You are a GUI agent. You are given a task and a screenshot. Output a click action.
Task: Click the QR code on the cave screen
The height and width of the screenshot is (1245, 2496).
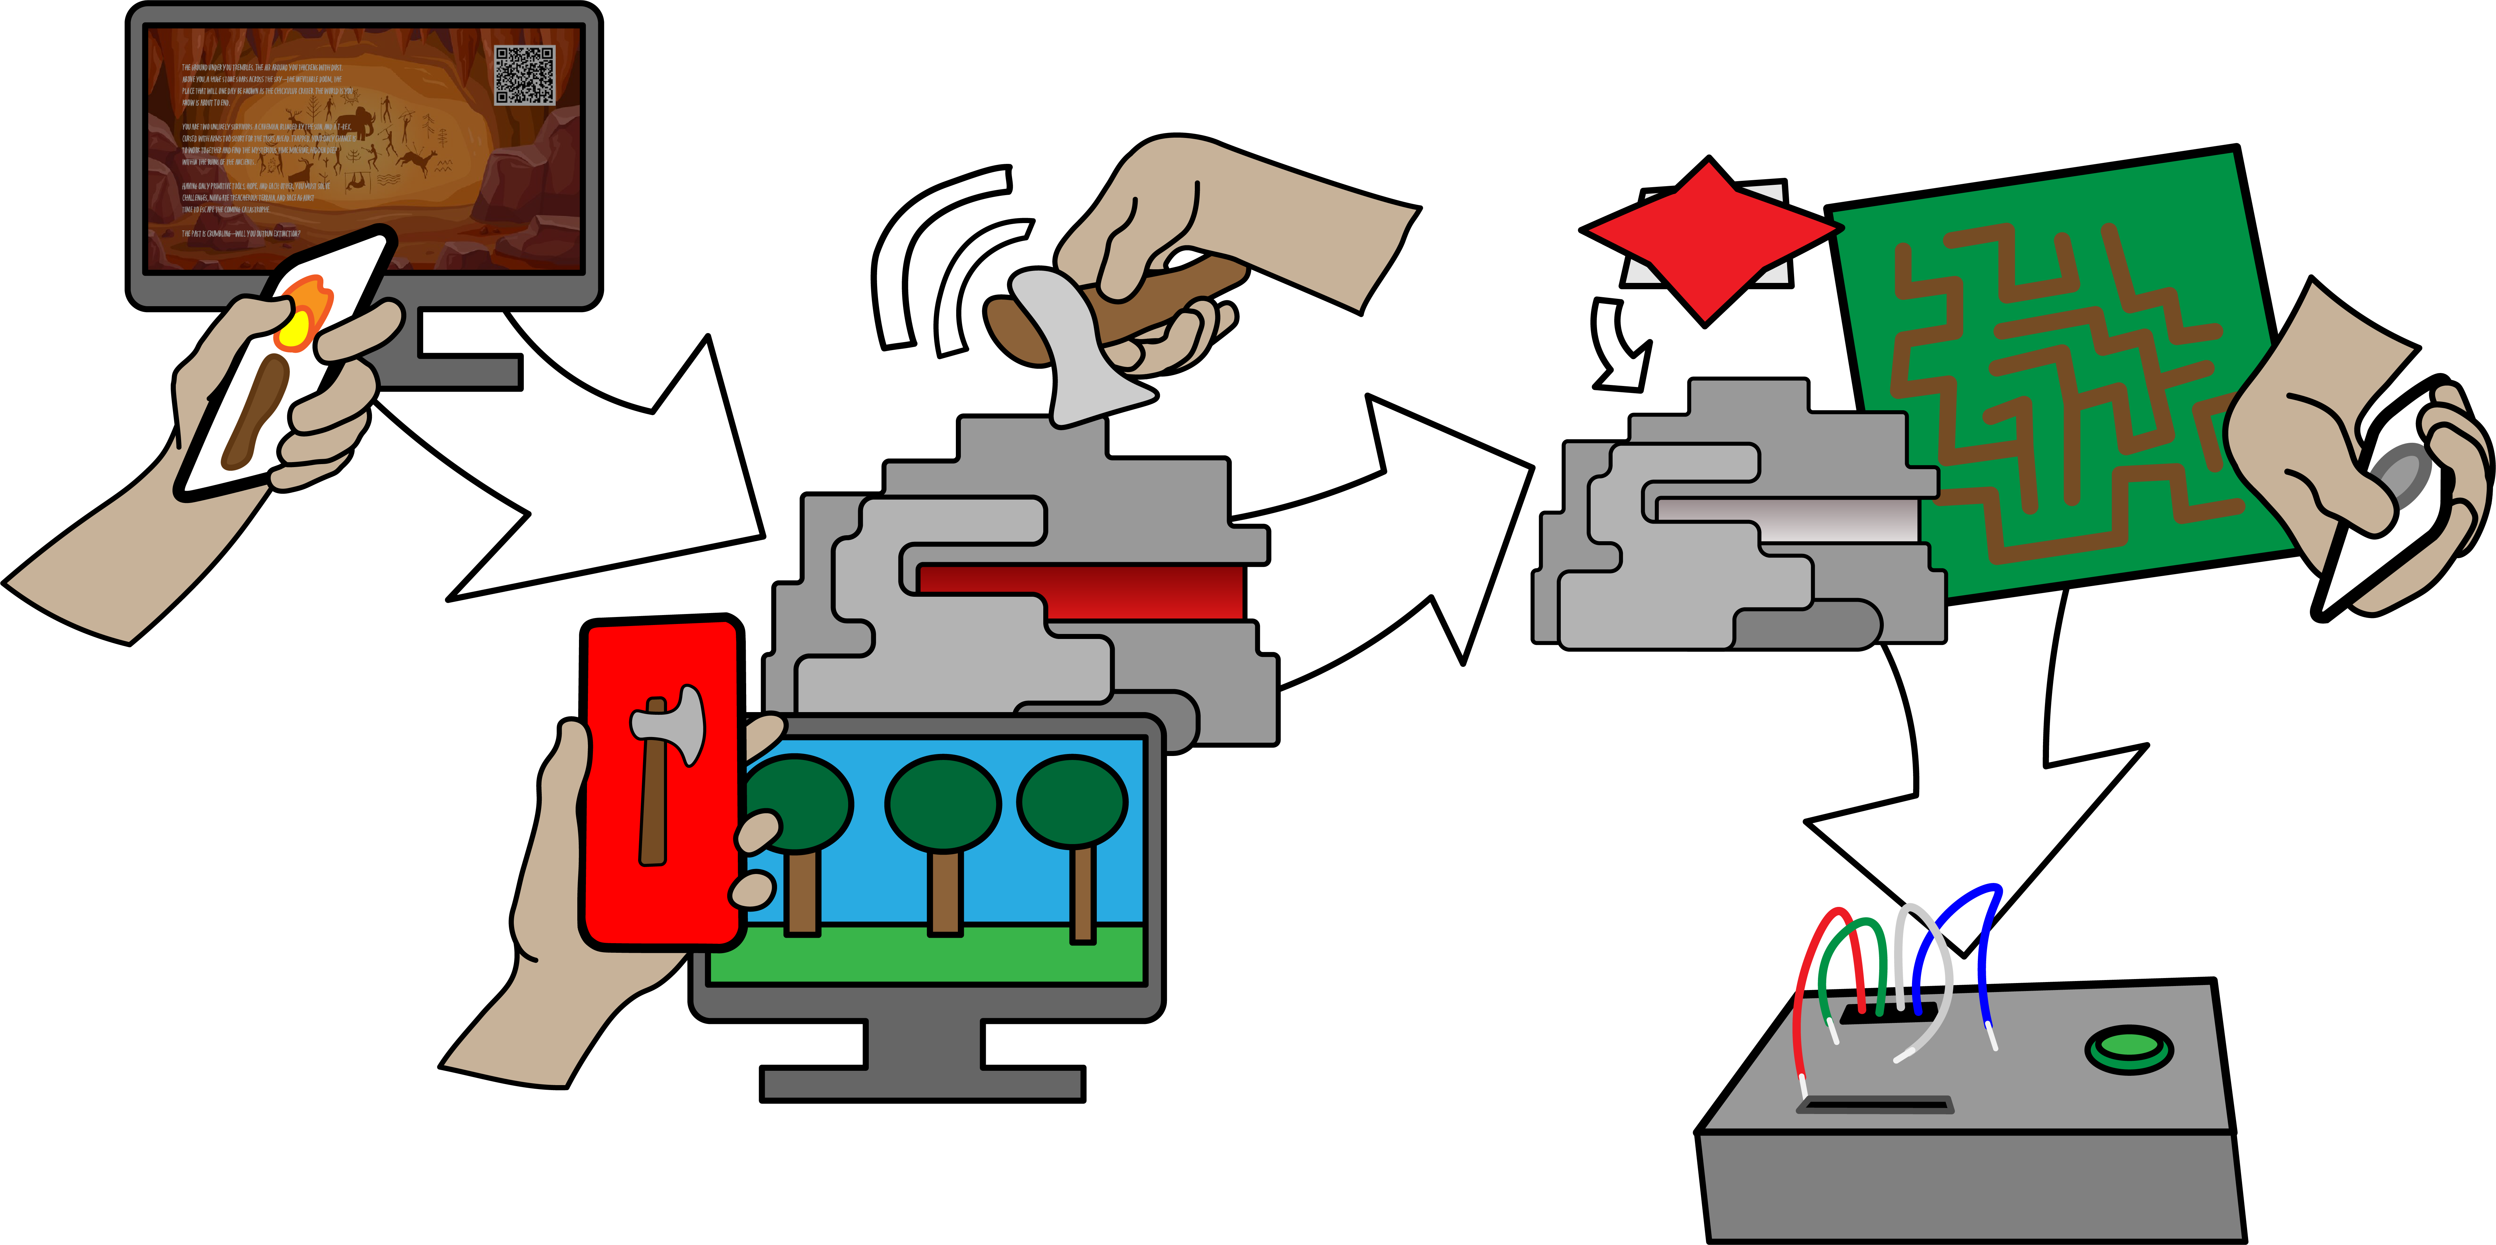(524, 74)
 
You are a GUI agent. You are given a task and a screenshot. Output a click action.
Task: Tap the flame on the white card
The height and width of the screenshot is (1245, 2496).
(302, 312)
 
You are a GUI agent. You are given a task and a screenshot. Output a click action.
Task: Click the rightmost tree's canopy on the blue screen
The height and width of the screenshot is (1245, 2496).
(1072, 800)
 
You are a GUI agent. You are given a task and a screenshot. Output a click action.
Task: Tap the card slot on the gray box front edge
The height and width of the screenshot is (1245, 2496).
(1875, 1104)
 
